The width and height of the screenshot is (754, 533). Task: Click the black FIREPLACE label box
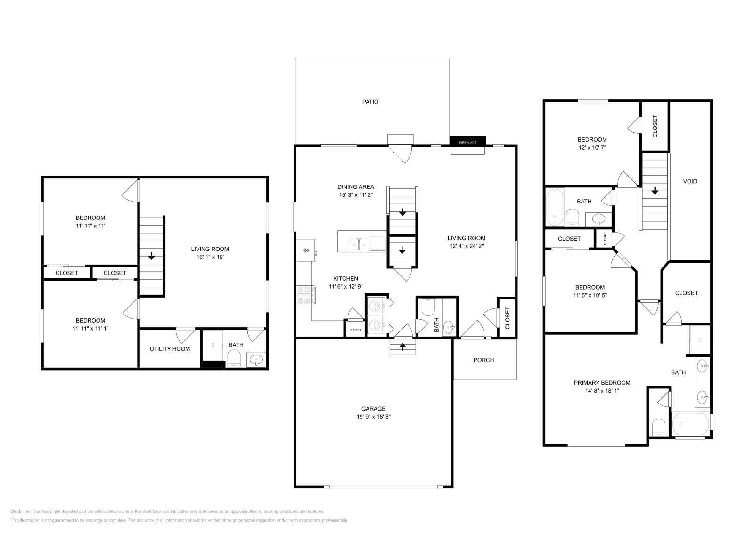468,142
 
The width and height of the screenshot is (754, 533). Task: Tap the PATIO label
370,102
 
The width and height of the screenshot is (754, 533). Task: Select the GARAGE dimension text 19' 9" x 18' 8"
373,417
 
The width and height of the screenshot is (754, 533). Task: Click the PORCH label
484,360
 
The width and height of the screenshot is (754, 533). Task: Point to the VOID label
690,181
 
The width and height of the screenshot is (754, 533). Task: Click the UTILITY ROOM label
170,349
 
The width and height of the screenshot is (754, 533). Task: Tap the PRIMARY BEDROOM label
602,383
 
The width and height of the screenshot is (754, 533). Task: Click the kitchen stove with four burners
305,295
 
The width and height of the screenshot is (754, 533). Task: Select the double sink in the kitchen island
359,244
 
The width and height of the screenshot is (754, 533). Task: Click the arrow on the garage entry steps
403,347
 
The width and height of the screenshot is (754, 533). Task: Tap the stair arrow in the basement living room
151,257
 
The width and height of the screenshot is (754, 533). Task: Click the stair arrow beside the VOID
655,191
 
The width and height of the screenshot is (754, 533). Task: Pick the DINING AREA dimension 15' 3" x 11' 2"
355,195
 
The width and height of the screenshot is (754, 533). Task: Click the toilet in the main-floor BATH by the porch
428,308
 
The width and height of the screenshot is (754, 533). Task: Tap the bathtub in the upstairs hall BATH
554,207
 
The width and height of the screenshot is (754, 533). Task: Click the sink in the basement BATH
256,360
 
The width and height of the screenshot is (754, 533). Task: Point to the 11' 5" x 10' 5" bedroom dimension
590,295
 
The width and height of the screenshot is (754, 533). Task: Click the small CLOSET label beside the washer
355,330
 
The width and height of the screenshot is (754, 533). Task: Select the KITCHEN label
345,278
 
